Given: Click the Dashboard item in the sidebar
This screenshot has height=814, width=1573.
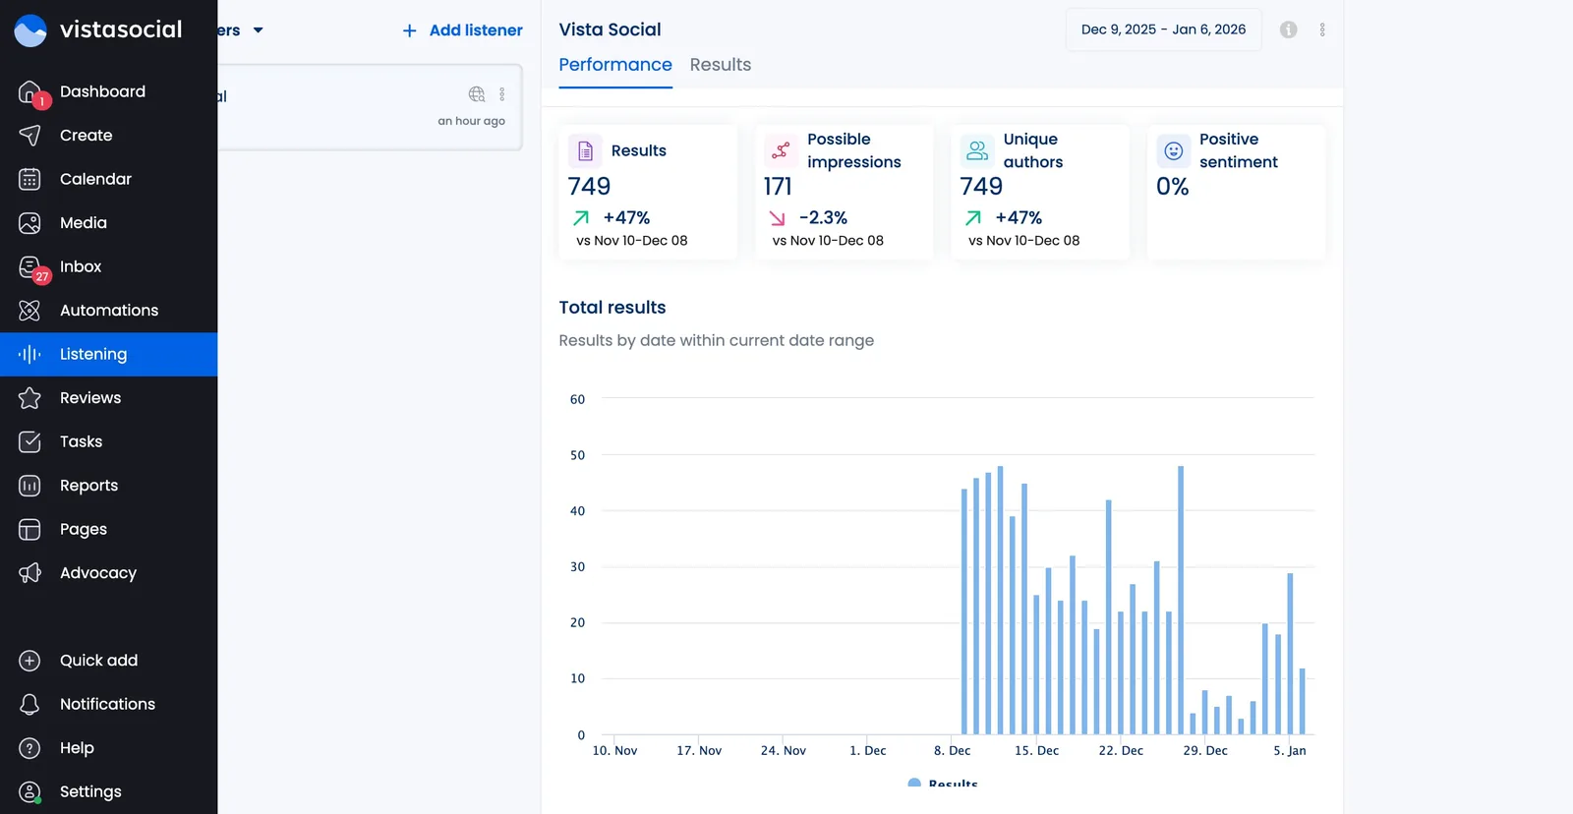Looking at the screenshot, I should pyautogui.click(x=101, y=91).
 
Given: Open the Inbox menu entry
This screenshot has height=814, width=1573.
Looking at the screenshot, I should pyautogui.click(x=80, y=266).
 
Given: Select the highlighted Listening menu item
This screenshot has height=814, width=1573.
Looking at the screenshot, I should pyautogui.click(x=93, y=354).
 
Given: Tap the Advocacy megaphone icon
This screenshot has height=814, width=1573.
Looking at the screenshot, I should pyautogui.click(x=29, y=573).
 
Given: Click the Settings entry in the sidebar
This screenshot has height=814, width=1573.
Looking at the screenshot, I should pyautogui.click(x=89, y=791).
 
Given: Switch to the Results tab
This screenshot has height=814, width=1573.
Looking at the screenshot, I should pyautogui.click(x=720, y=65).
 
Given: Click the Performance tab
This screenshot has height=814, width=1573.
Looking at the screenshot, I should pyautogui.click(x=614, y=65).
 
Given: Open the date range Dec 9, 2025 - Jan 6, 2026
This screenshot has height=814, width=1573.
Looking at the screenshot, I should pyautogui.click(x=1163, y=29).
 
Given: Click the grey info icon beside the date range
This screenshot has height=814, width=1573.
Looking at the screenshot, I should pyautogui.click(x=1288, y=29).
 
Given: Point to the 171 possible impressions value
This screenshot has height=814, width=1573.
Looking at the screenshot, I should pyautogui.click(x=778, y=186).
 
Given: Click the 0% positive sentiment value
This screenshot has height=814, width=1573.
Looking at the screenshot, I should pyautogui.click(x=1172, y=186).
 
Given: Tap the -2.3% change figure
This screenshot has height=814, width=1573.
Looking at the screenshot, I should pyautogui.click(x=823, y=217).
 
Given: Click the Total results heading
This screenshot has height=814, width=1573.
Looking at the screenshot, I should pyautogui.click(x=612, y=307).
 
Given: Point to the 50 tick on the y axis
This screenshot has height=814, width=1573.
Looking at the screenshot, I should pyautogui.click(x=577, y=455).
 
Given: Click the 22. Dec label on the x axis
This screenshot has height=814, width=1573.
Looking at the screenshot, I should pyautogui.click(x=1121, y=750).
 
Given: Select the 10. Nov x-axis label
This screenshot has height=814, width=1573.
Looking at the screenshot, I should pyautogui.click(x=614, y=750).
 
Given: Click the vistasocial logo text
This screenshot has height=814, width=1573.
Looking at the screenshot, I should pyautogui.click(x=121, y=29).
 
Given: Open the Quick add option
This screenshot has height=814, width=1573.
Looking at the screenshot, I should pyautogui.click(x=98, y=661).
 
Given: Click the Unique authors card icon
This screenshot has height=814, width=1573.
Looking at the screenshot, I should pyautogui.click(x=976, y=150).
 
